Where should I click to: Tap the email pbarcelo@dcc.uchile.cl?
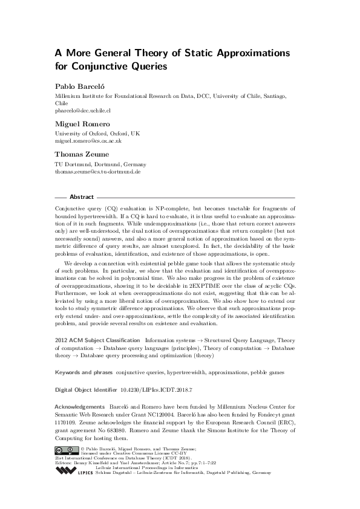[83, 111]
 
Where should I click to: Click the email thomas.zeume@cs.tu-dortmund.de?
[97, 172]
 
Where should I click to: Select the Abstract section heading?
[82, 197]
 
